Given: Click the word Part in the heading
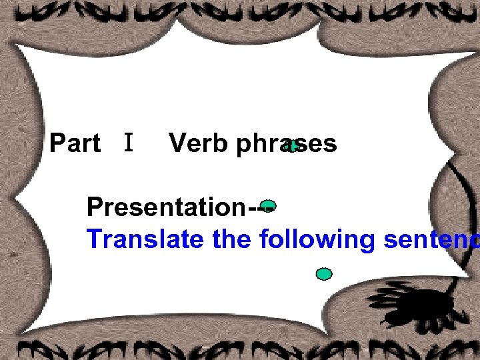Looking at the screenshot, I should click(75, 143).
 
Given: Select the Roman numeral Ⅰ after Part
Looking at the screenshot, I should click(129, 142).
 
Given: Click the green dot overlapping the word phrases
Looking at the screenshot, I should click(292, 146).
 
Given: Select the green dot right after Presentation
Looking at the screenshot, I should click(268, 205).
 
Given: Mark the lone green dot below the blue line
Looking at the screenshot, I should click(324, 273).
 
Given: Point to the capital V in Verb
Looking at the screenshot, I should click(178, 143).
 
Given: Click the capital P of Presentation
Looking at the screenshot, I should click(95, 207).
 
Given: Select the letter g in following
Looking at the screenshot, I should click(366, 241).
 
